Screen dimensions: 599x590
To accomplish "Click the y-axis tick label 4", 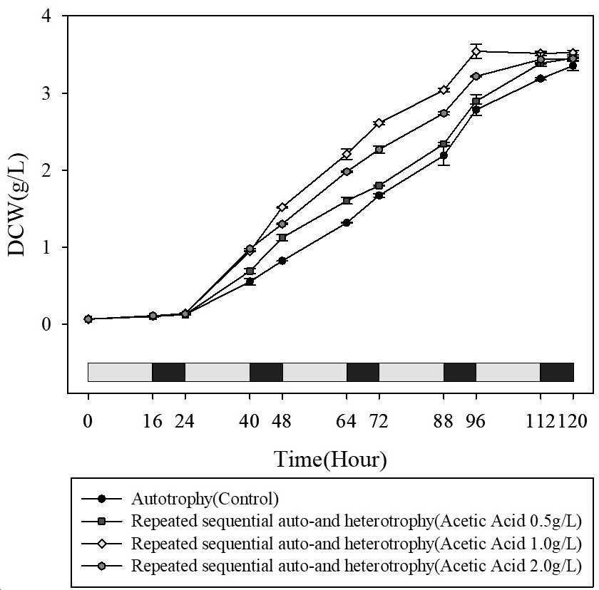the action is [46, 16].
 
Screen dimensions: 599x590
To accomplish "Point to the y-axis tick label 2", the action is [46, 170].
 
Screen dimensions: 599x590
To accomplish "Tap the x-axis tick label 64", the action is [346, 421].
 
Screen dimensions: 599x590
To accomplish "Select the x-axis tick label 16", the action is [153, 421].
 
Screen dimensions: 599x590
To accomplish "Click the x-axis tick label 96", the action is [476, 421].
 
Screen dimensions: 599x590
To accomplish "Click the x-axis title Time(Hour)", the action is [330, 460].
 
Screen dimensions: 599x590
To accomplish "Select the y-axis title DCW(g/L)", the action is [17, 205].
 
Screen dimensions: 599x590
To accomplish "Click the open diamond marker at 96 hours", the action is [476, 51].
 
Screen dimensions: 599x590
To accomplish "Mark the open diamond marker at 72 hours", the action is [379, 123].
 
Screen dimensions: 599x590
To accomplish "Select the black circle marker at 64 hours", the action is [347, 223].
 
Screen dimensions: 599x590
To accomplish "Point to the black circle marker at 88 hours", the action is [444, 156].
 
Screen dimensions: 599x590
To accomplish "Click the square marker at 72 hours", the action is [379, 186].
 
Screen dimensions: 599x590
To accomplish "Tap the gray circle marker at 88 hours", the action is [444, 113].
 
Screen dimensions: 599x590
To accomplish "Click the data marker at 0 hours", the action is [88, 319].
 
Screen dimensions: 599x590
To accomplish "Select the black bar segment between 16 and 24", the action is [169, 372].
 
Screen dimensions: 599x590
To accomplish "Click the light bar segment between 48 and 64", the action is [314, 372].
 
